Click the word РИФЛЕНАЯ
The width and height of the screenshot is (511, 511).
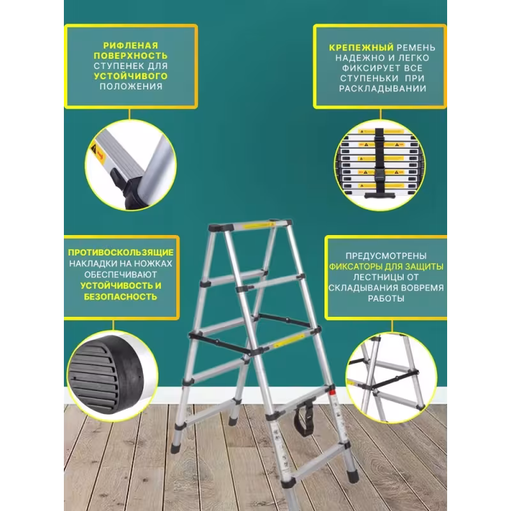130,46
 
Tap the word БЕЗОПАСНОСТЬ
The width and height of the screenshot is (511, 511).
120,297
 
